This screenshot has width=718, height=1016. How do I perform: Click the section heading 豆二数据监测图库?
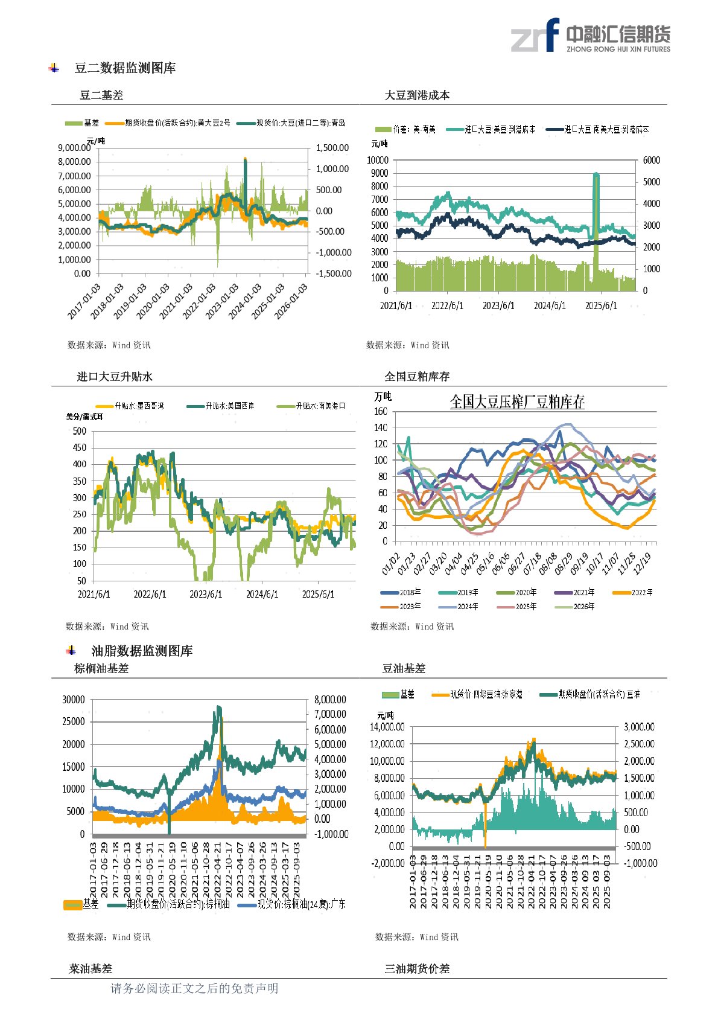[x=125, y=68]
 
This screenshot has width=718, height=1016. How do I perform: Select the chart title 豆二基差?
[x=101, y=95]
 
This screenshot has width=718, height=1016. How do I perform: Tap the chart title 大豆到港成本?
[x=417, y=95]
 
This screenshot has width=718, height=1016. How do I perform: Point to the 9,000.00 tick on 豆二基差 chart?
[x=74, y=148]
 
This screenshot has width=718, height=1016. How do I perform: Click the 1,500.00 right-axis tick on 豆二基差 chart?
[x=332, y=148]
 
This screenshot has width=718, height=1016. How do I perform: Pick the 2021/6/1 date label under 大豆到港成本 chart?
[x=396, y=305]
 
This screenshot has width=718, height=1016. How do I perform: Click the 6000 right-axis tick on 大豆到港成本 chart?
[x=652, y=161]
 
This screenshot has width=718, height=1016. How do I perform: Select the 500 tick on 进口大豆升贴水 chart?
[x=80, y=431]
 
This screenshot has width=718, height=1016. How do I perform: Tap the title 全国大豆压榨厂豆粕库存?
[x=517, y=402]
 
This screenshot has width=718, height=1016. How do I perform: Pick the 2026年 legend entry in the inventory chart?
[x=583, y=606]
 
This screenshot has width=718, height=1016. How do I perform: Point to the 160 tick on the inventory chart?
[x=381, y=412]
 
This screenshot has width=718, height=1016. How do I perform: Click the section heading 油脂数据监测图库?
[x=142, y=651]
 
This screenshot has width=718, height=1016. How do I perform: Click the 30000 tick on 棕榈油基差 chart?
[x=74, y=700]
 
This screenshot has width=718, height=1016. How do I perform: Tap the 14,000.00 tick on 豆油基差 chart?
[x=387, y=727]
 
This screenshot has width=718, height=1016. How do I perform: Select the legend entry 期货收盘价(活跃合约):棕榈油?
[x=178, y=904]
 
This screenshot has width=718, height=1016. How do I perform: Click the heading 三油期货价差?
[x=417, y=969]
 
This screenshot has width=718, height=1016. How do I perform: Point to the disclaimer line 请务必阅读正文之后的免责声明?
[x=194, y=988]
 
